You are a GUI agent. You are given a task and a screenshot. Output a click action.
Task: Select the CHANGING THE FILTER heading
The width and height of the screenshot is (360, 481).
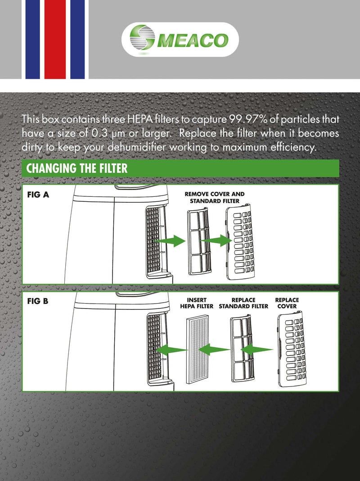coord(77,168)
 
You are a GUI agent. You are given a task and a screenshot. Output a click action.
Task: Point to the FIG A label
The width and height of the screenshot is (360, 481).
coord(38,195)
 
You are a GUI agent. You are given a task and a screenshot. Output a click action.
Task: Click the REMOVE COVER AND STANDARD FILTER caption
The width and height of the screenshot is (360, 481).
coord(215,197)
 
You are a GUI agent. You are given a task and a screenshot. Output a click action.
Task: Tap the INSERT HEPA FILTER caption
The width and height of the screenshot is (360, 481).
coord(197,303)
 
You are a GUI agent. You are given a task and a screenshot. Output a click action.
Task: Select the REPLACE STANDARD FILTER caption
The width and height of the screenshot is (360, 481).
coord(243,303)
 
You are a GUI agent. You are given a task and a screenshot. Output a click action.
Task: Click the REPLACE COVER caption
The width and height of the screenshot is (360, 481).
coord(287,303)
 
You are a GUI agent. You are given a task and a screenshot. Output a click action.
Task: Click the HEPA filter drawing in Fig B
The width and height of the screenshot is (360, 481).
coord(197,349)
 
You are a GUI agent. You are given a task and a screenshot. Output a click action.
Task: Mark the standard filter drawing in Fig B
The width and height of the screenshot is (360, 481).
coord(243,349)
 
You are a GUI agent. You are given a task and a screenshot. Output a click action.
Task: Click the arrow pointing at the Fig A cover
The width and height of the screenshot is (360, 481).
coord(216,242)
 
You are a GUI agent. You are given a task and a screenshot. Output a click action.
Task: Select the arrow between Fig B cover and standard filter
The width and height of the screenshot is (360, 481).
coord(257,349)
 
